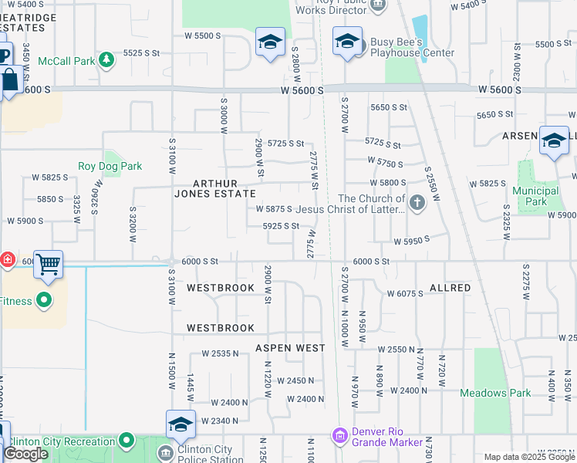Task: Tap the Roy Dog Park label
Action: pyautogui.click(x=110, y=166)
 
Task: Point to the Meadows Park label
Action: pyautogui.click(x=495, y=393)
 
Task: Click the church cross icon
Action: pyautogui.click(x=417, y=204)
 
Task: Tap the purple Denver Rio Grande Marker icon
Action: pyautogui.click(x=339, y=437)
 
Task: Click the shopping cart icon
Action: pyautogui.click(x=48, y=265)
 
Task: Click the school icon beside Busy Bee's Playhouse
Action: pyautogui.click(x=347, y=41)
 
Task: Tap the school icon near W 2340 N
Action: pyautogui.click(x=181, y=424)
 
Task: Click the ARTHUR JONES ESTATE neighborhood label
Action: pyautogui.click(x=224, y=188)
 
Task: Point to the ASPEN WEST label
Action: pyautogui.click(x=290, y=348)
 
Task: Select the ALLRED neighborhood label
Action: pyautogui.click(x=450, y=288)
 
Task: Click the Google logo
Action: pyautogui.click(x=26, y=454)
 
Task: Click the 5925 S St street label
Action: pyautogui.click(x=280, y=226)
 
